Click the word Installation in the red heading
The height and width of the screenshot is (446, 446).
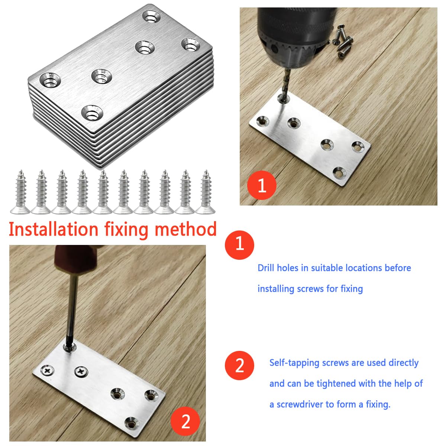pyautogui.click(x=54, y=229)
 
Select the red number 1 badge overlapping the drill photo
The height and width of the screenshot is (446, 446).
pyautogui.click(x=262, y=185)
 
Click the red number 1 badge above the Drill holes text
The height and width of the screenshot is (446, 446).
pyautogui.click(x=239, y=245)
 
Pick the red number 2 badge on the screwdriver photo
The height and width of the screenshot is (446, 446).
pyautogui.click(x=185, y=421)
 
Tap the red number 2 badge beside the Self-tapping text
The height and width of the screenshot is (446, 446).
pyautogui.click(x=239, y=365)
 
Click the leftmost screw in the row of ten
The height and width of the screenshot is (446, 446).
pyautogui.click(x=20, y=192)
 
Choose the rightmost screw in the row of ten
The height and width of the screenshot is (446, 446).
pyautogui.click(x=206, y=192)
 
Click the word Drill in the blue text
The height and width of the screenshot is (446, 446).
pyautogui.click(x=266, y=268)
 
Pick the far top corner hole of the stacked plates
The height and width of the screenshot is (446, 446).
pyautogui.click(x=152, y=17)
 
